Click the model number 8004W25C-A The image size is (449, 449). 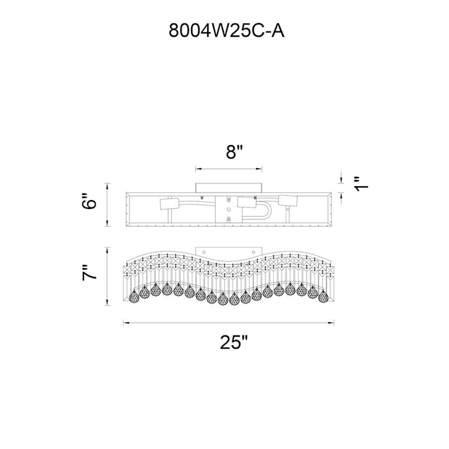coord(226,30)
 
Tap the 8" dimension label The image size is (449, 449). coord(234,152)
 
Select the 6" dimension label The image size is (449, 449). coord(89,201)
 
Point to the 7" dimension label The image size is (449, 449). coord(89,273)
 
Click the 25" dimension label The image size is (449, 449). coord(233,342)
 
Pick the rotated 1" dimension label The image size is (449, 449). coord(360,184)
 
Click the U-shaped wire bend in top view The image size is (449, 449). coord(268,211)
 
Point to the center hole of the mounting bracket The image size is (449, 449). coord(228,210)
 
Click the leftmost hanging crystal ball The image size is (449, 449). coord(133,296)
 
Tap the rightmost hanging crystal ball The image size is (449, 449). coord(323,296)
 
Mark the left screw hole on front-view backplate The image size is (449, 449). coord(204,252)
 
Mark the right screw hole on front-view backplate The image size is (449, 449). coord(253,252)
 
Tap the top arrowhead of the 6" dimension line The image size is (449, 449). coord(107,185)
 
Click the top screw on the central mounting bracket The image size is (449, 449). coord(228,199)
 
